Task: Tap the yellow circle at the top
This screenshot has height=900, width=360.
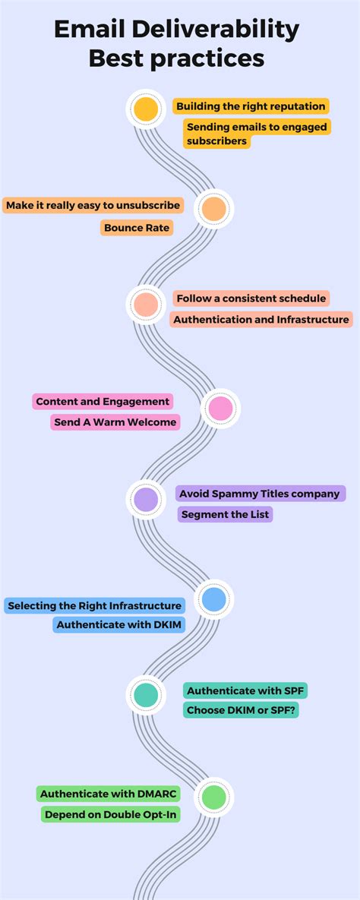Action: pos(146,109)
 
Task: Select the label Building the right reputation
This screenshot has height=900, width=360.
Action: pos(251,106)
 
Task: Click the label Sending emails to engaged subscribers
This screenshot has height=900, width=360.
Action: pos(257,134)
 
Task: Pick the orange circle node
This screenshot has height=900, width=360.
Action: pos(213,208)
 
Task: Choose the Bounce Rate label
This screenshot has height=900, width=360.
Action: pos(137,228)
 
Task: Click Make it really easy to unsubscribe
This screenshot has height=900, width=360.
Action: pos(93,205)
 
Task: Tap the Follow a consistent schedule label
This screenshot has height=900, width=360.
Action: pos(251,298)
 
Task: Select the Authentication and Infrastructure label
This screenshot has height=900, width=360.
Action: pos(261,320)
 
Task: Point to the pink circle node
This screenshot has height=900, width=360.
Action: pos(220,409)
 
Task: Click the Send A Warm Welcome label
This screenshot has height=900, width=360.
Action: pos(115,422)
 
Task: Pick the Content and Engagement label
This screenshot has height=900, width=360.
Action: pos(103,401)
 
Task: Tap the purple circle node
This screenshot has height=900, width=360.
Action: pos(146,499)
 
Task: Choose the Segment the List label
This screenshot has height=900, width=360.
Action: pos(224,514)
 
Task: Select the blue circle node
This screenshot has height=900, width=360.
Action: pos(213,600)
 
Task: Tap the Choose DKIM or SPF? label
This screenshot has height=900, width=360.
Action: pos(242,711)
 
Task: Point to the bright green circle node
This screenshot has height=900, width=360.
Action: pos(213,797)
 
